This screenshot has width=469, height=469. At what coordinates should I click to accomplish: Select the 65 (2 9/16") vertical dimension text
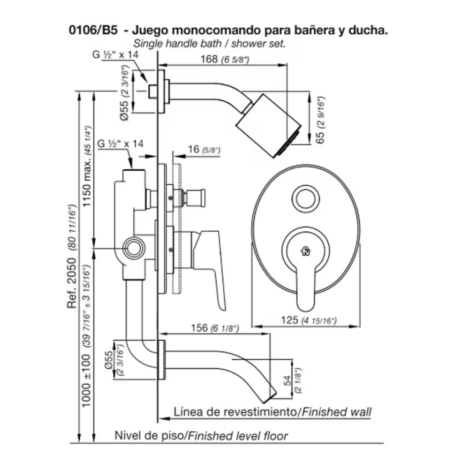pos(321,120)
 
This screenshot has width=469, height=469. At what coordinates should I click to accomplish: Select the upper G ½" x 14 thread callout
pos(114,54)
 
